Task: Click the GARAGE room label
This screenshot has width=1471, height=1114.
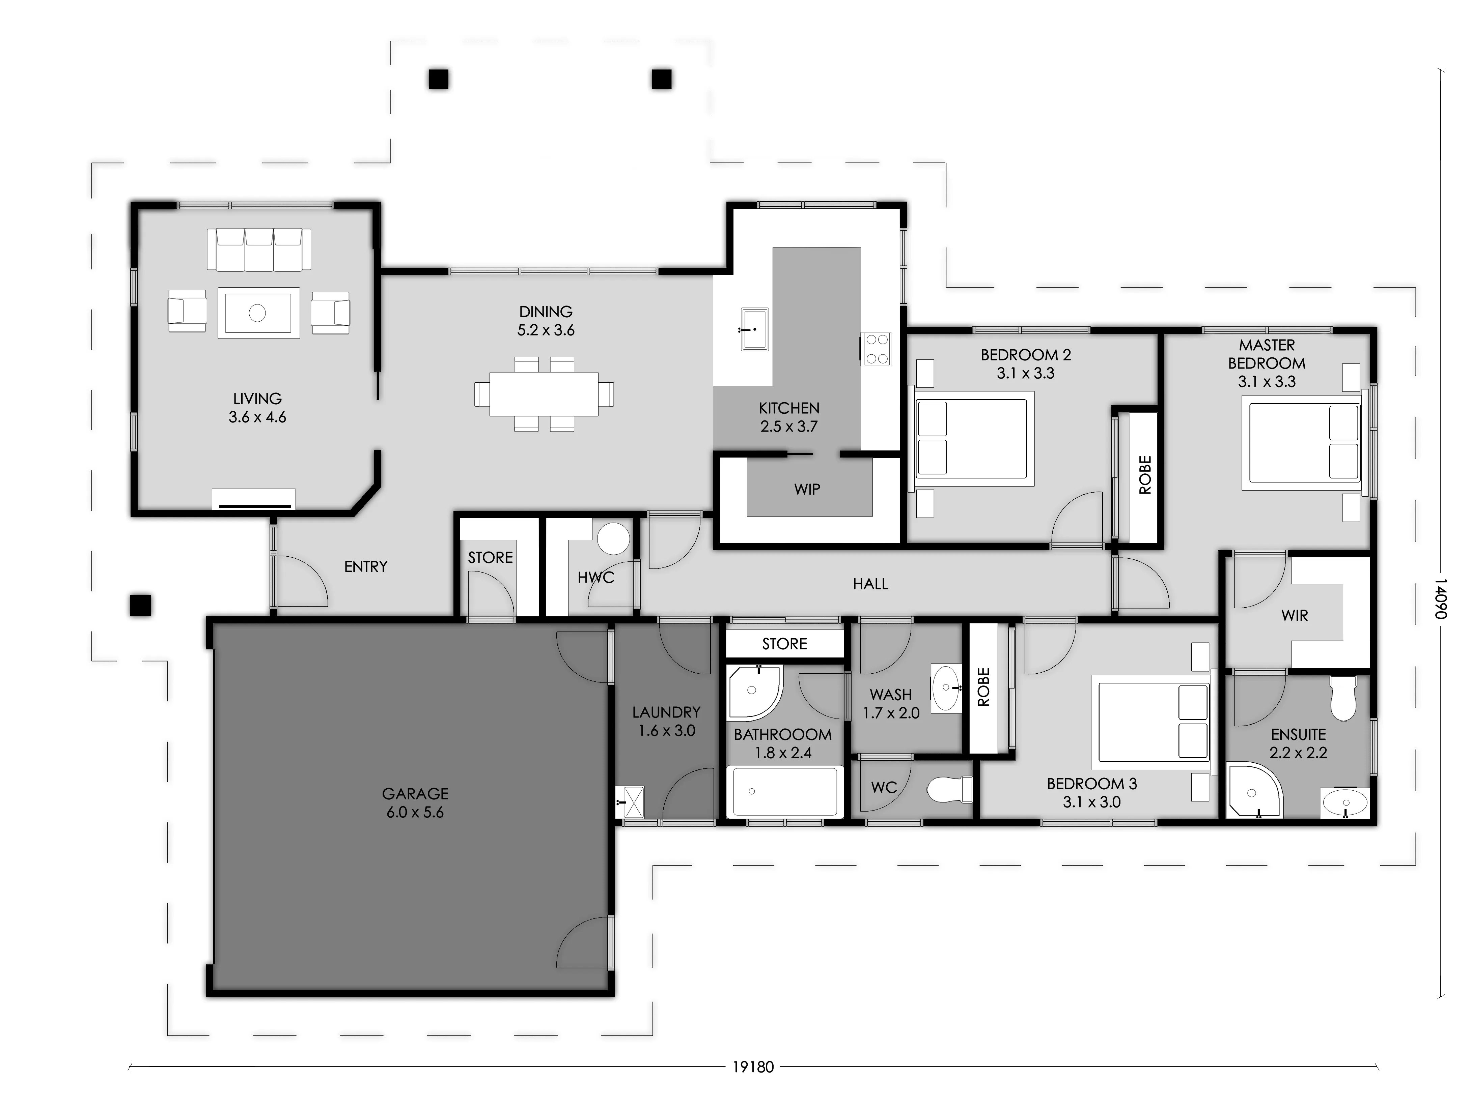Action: [x=415, y=794]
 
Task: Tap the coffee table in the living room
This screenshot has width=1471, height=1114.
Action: [x=259, y=313]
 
